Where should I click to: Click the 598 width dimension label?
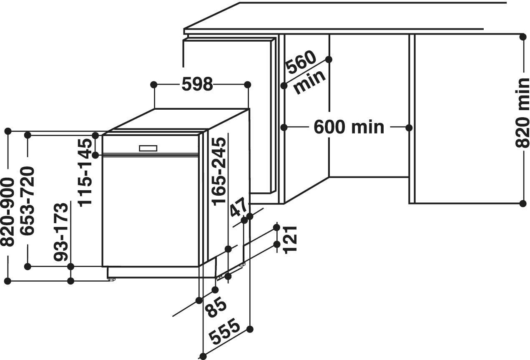click(197, 85)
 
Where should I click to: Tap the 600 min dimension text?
click(349, 127)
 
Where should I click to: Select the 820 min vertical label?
click(522, 113)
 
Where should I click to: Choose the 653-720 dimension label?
click(28, 200)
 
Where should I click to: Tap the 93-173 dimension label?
click(61, 232)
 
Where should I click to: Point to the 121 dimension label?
click(289, 239)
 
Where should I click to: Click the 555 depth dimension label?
click(225, 332)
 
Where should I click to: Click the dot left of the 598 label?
click(154, 85)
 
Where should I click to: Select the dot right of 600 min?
click(409, 127)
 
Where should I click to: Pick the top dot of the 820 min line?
click(523, 37)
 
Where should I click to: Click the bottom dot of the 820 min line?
click(523, 203)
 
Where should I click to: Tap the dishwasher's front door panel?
click(150, 211)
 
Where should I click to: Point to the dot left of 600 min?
click(284, 127)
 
